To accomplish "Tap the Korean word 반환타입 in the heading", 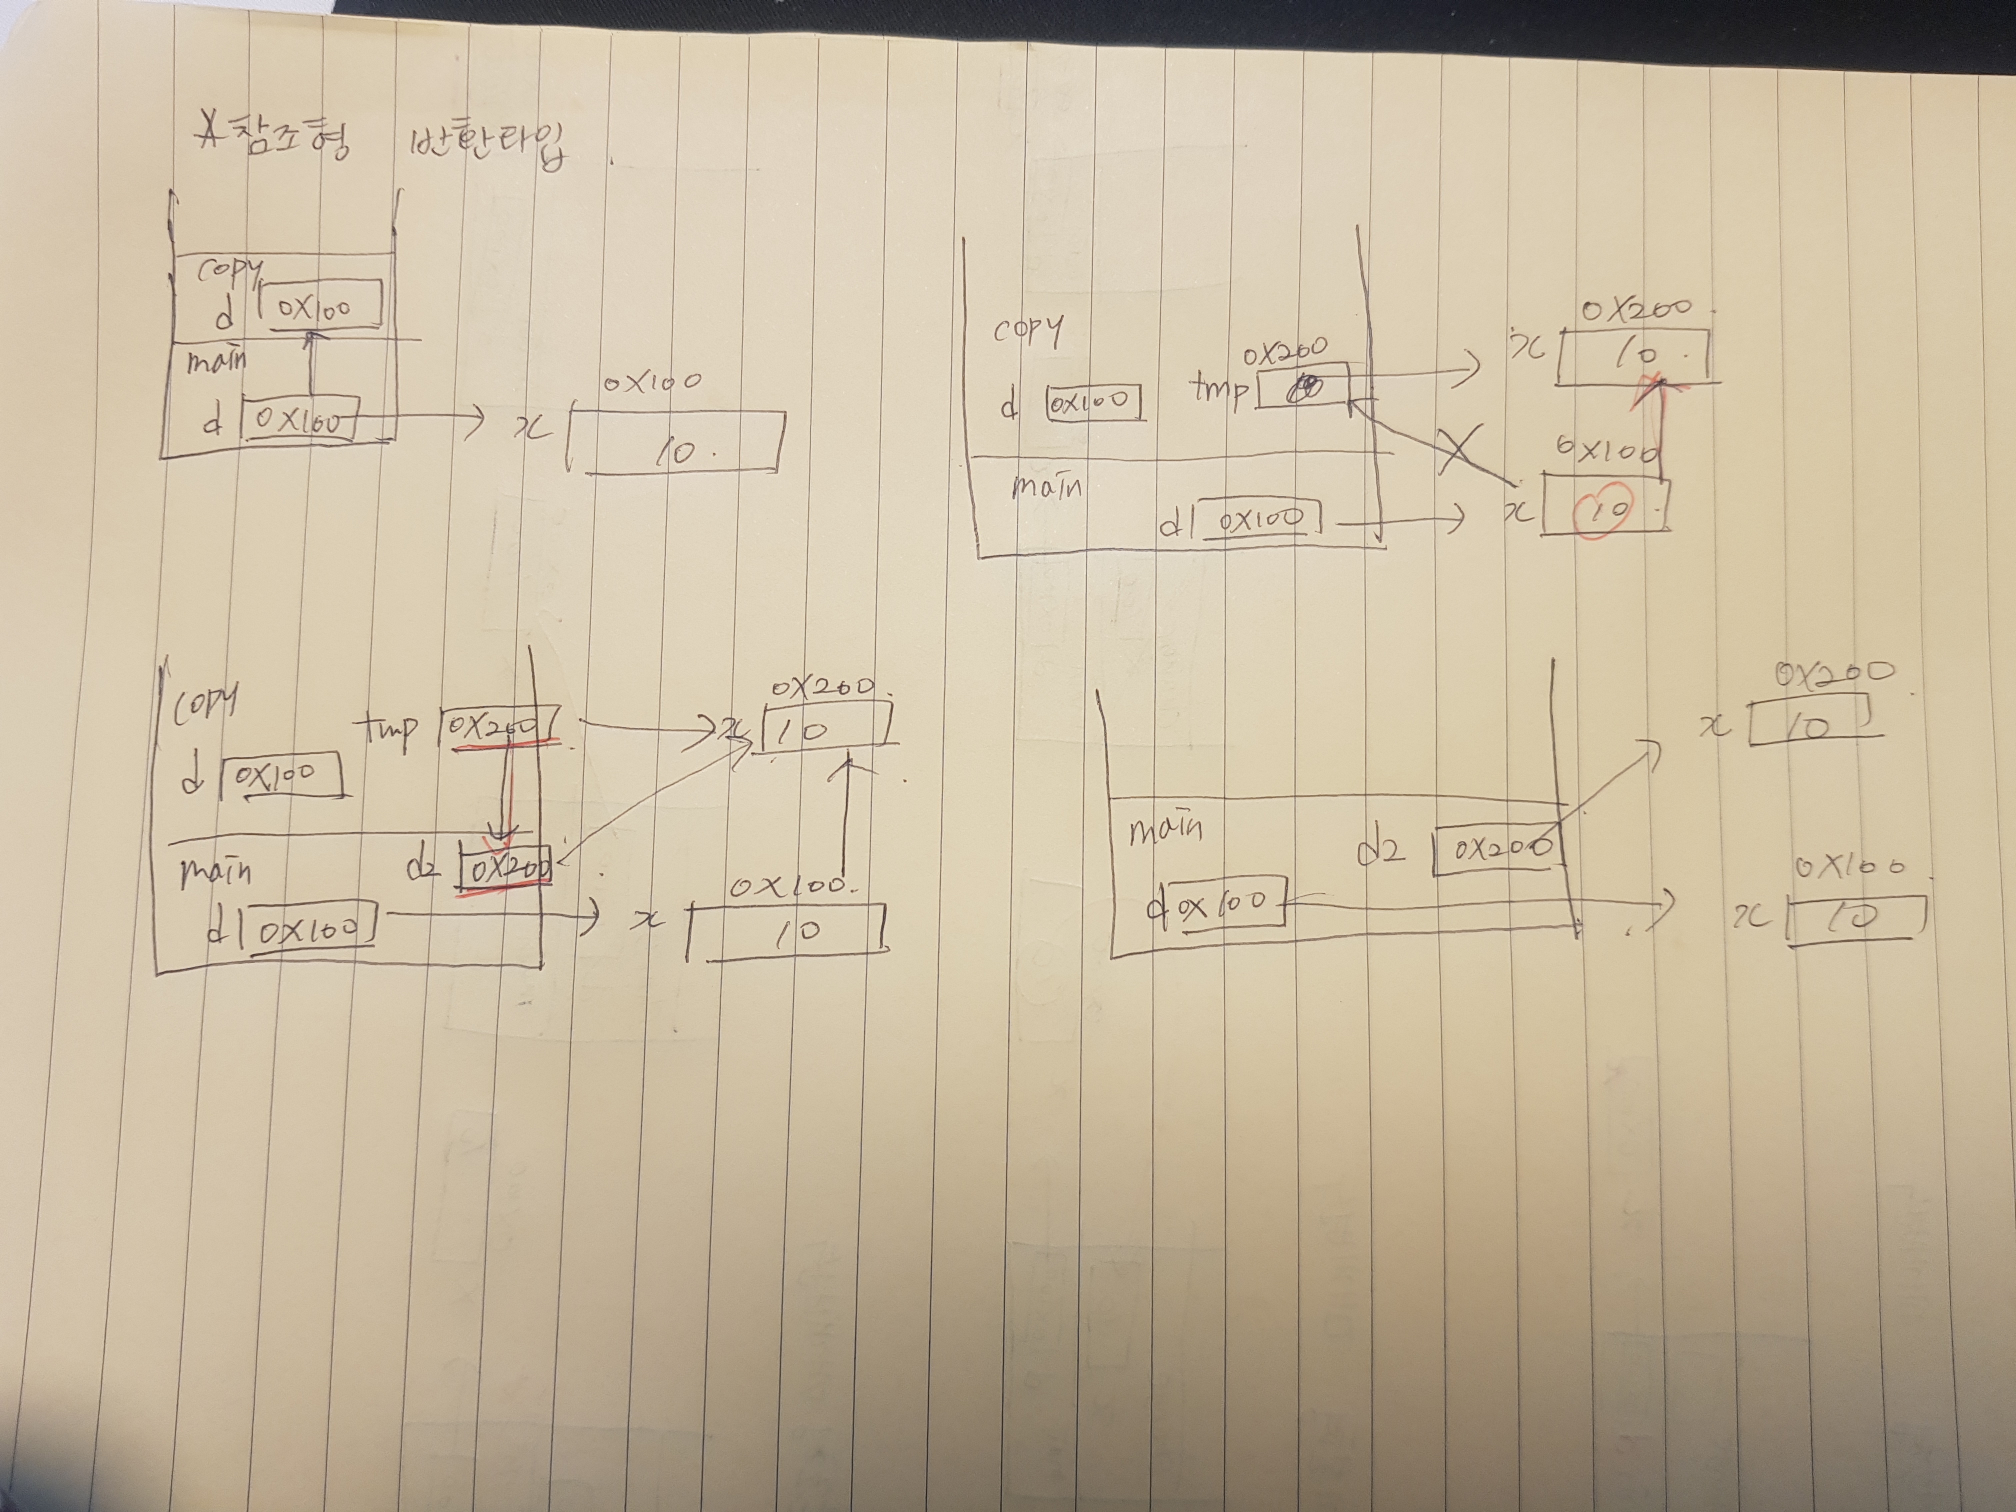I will [487, 146].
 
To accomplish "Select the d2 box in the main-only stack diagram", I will [1494, 850].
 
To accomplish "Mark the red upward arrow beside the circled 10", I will [1660, 428].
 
